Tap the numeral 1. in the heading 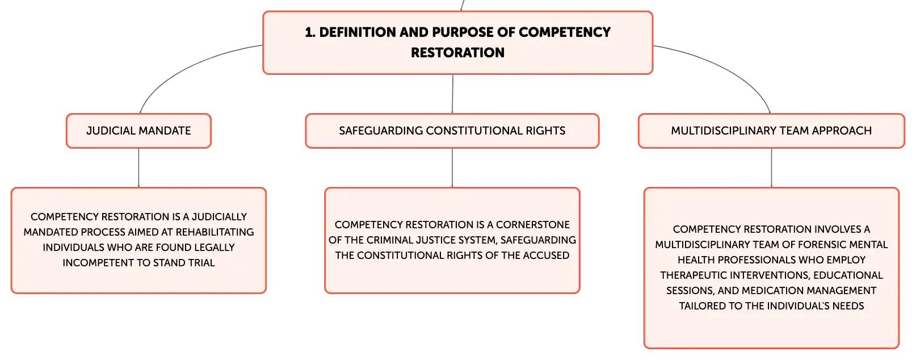click(310, 32)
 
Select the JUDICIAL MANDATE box click(138, 131)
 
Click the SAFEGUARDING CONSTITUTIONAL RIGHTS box click(452, 131)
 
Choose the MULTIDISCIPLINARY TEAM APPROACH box click(771, 131)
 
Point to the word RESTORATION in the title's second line click(457, 53)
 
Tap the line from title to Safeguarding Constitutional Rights click(453, 94)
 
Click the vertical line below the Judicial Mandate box click(138, 168)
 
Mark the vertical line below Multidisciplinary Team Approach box click(772, 168)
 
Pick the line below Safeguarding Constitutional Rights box click(452, 168)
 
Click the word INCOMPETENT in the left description click(96, 263)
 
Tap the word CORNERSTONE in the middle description click(533, 225)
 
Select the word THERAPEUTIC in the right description click(695, 275)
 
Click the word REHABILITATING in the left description click(215, 232)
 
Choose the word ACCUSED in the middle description click(548, 256)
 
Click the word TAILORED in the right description click(701, 307)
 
